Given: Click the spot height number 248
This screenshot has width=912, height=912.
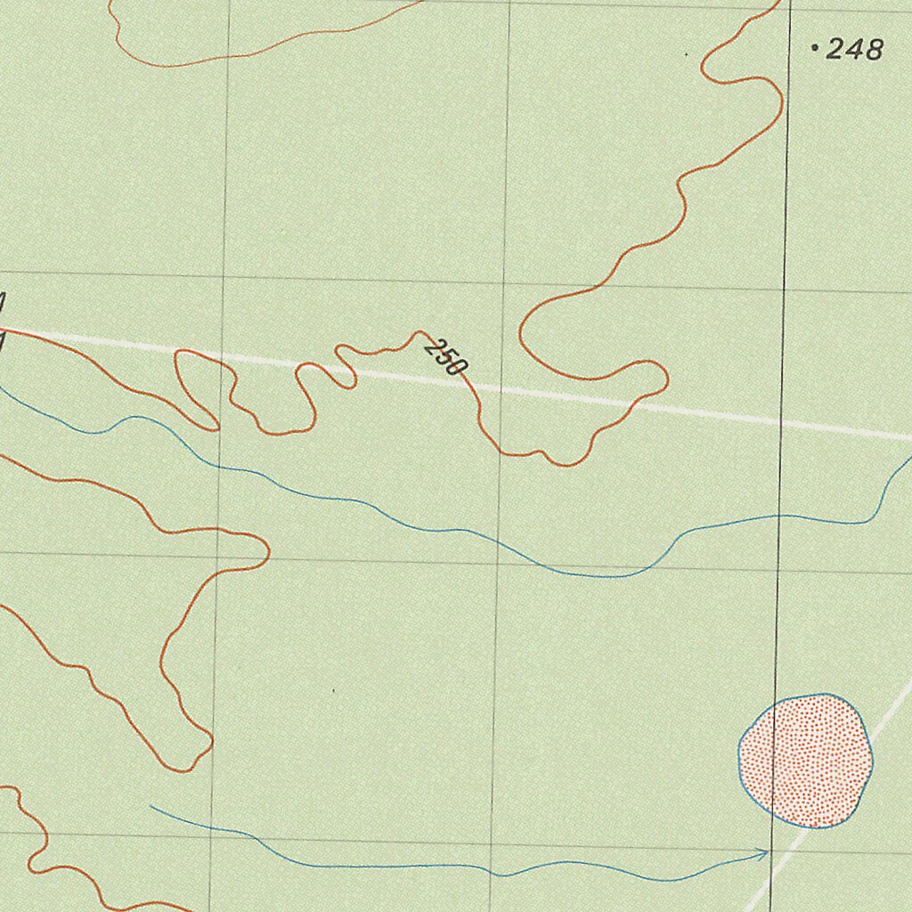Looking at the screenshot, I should coord(854,50).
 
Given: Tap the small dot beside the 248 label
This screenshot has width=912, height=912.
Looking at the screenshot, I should coord(815,48).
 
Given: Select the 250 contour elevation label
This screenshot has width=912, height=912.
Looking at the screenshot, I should coord(445,355).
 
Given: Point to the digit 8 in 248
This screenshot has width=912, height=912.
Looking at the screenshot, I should coord(872,50).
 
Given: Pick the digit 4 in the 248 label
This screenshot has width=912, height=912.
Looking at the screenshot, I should coord(854,50).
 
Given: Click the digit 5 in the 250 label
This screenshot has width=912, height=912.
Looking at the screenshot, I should coord(445,355).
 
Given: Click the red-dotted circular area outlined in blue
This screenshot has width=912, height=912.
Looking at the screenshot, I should coord(806,761).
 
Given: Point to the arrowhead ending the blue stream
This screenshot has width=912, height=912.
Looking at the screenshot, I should coord(766,854).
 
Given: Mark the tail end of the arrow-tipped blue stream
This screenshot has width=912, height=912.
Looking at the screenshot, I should coord(151,806).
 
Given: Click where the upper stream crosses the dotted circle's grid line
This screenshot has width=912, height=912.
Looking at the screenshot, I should coord(779,516).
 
